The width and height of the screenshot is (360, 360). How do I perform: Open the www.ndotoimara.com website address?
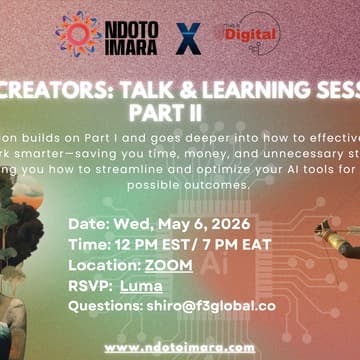pos(180,346)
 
